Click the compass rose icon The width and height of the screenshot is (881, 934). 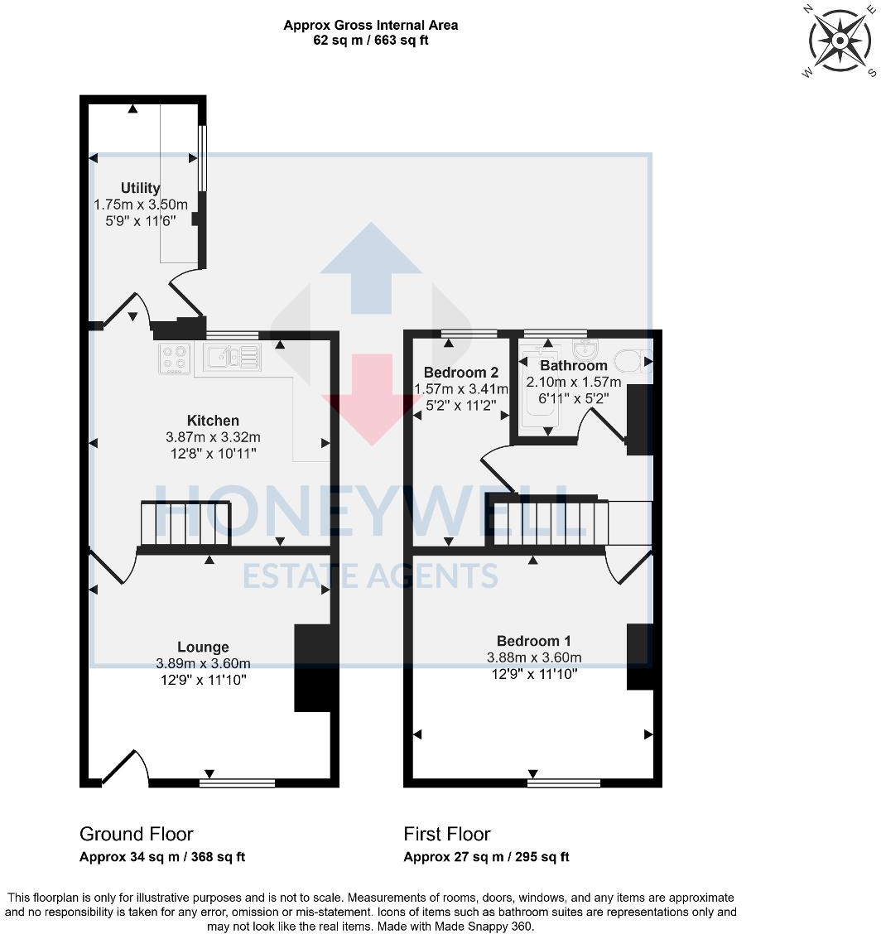[x=839, y=41]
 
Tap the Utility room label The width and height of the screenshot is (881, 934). [x=140, y=188]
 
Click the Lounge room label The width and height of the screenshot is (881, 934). [x=203, y=647]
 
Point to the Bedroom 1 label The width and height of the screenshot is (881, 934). [x=533, y=641]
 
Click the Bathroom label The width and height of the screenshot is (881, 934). [x=574, y=365]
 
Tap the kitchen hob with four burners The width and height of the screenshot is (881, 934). [x=175, y=358]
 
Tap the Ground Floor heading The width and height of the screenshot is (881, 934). [x=137, y=834]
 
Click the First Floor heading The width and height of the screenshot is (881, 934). [x=447, y=834]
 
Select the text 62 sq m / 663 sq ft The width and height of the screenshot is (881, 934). [x=370, y=41]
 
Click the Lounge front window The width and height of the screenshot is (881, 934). [x=237, y=782]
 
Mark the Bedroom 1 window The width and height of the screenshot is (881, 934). [x=564, y=782]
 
